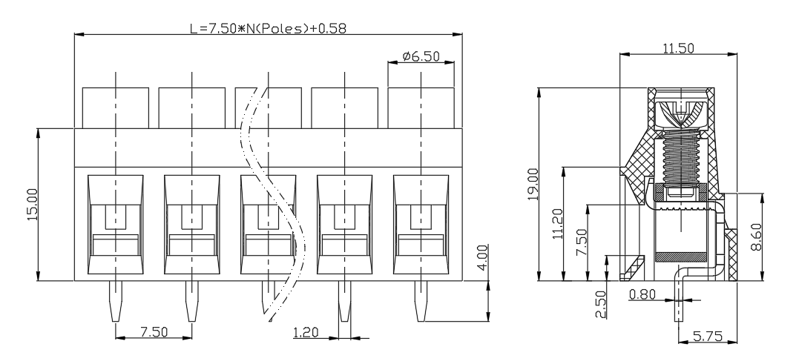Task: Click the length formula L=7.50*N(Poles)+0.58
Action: point(269,28)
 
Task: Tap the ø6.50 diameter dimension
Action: point(421,56)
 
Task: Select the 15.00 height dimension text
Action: point(32,205)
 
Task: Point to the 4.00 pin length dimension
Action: point(482,258)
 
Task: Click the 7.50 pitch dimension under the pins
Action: point(154,332)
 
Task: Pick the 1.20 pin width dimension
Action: point(306,332)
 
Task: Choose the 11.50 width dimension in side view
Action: point(678,48)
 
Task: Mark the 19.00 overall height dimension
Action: point(533,185)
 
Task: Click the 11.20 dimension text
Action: point(557,223)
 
